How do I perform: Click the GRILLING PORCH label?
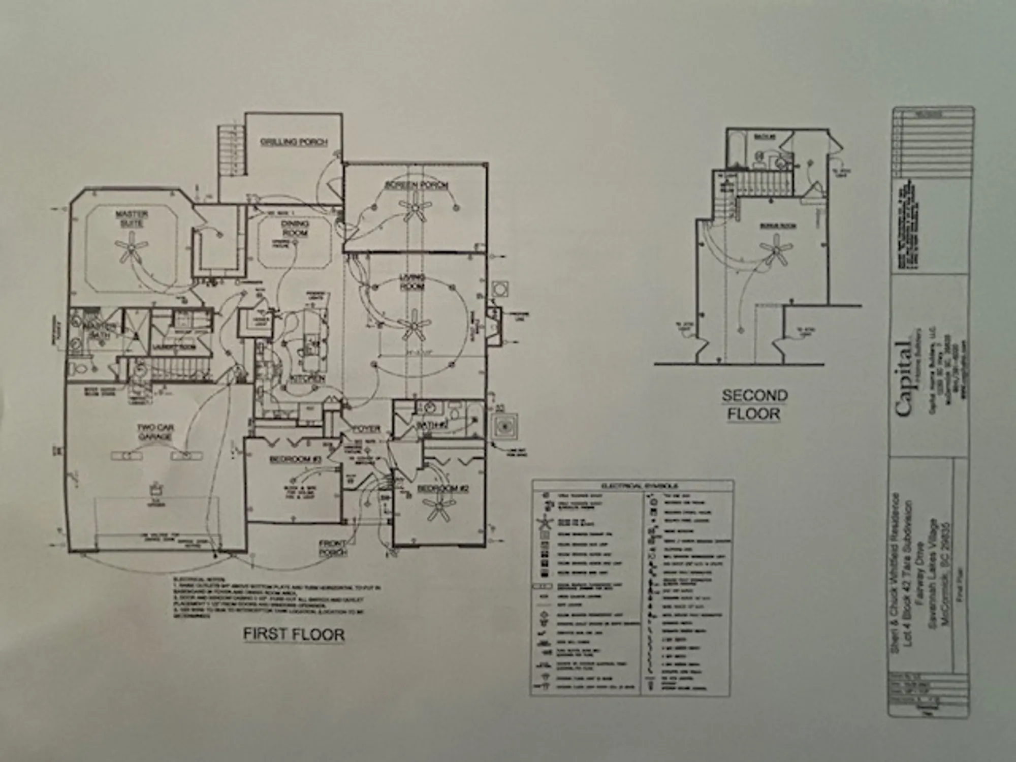[x=294, y=142]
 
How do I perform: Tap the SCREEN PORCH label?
[x=416, y=185]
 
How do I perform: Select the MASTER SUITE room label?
[x=132, y=219]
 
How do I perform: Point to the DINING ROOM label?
[x=295, y=228]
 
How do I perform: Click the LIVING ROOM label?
[x=412, y=282]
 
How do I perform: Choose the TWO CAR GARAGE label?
[x=155, y=432]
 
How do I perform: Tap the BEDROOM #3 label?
[x=296, y=459]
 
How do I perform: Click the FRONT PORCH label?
[x=333, y=548]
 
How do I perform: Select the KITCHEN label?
[x=307, y=379]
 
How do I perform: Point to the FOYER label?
[x=366, y=429]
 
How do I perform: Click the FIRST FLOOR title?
[x=294, y=634]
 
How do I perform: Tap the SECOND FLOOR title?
[x=755, y=404]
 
